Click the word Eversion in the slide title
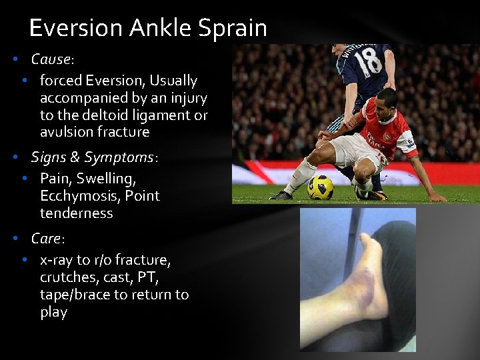[x=76, y=28]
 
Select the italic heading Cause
[x=51, y=59]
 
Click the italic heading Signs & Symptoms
[x=92, y=157]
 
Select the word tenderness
[x=76, y=213]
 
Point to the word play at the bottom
[x=53, y=312]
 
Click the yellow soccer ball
[x=321, y=188]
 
